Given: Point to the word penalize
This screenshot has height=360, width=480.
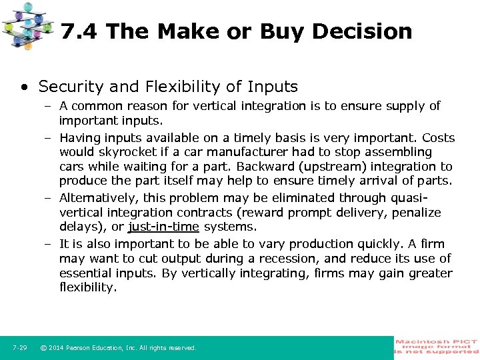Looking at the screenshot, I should click(x=416, y=213).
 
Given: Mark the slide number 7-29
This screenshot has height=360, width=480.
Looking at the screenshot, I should click(x=19, y=348).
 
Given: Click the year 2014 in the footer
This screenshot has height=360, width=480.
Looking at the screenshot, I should click(x=58, y=348).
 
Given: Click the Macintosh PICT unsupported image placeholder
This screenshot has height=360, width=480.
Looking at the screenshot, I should click(x=437, y=347).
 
